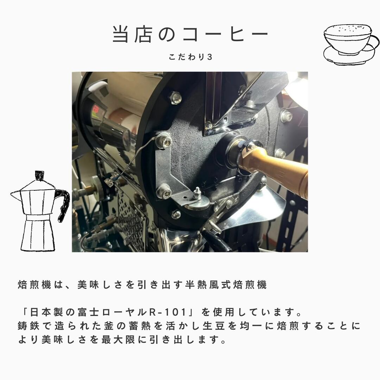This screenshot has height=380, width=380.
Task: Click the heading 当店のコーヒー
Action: coord(190,34)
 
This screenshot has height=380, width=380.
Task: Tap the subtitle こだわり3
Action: coord(190,57)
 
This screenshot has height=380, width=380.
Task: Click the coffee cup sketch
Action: coord(351,44)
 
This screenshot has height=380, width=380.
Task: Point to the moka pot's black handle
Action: coord(63,204)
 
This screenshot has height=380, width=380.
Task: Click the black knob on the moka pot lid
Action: coord(39,176)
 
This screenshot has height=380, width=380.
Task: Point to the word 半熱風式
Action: coord(208,285)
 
